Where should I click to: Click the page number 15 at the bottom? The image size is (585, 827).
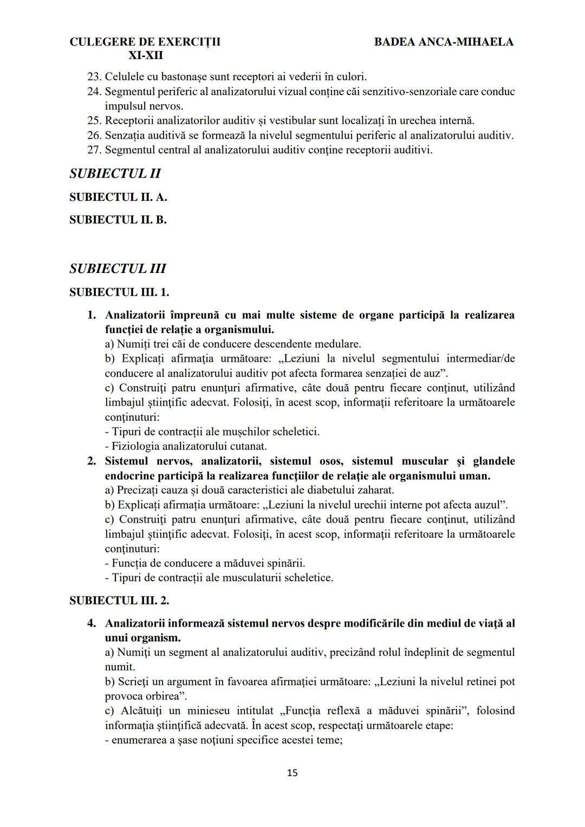(292, 773)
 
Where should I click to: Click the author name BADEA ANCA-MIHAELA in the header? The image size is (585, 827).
(444, 42)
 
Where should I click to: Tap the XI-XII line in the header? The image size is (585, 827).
(145, 55)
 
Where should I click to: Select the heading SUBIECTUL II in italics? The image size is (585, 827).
(115, 174)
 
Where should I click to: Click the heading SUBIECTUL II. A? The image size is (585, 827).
(118, 197)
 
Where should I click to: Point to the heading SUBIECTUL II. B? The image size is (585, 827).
(118, 220)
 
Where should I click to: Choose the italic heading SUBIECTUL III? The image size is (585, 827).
(118, 269)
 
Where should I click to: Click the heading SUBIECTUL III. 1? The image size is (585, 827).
(119, 292)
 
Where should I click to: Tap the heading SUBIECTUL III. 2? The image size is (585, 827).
(119, 600)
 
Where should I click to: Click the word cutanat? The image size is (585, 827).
(249, 446)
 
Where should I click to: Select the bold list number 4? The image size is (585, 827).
(92, 623)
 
